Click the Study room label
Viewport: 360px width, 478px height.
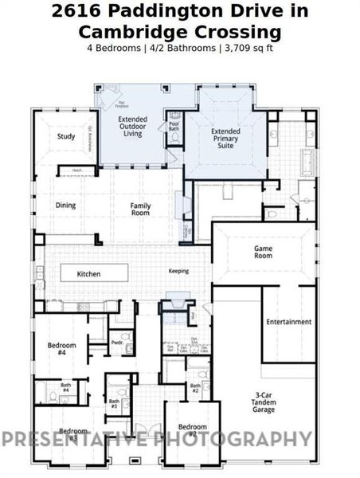pos(66,136)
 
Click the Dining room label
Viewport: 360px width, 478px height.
pos(65,206)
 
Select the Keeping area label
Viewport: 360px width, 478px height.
pos(178,271)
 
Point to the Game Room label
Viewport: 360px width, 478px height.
pos(263,252)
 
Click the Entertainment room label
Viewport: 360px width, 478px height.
pos(288,322)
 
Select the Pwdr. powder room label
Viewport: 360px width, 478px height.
pos(116,343)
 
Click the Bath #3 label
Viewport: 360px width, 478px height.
pos(114,404)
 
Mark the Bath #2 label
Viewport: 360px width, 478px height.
pos(195,389)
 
